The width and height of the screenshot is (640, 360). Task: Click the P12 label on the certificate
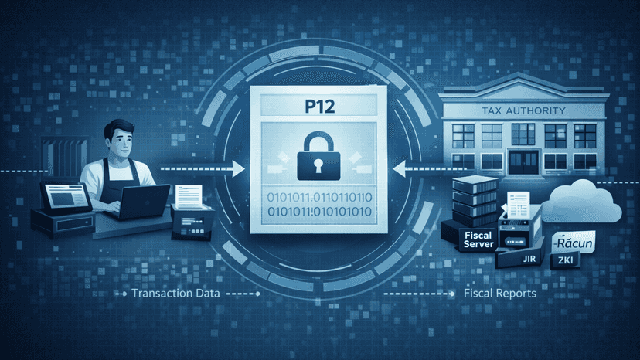319,107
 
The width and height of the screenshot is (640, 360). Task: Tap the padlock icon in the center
318,156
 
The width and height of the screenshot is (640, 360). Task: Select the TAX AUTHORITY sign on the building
524,110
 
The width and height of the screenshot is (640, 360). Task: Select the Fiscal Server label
478,240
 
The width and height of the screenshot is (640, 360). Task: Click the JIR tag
529,259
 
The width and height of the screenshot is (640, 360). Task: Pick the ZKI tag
565,260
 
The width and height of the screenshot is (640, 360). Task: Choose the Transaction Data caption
175,293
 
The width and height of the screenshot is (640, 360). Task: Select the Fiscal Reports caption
500,293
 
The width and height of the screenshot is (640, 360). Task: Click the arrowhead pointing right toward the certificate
238,168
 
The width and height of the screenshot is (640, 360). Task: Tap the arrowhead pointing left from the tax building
399,168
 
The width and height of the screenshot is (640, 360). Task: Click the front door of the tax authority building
523,162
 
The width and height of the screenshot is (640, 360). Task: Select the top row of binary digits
319,198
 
